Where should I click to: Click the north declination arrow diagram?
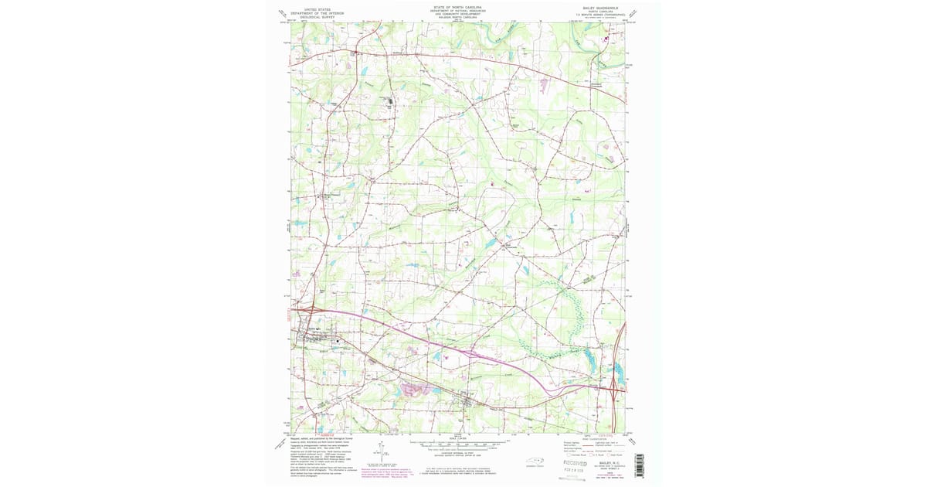pos(381,451)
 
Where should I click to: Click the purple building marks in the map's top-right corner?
pos(606,37)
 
